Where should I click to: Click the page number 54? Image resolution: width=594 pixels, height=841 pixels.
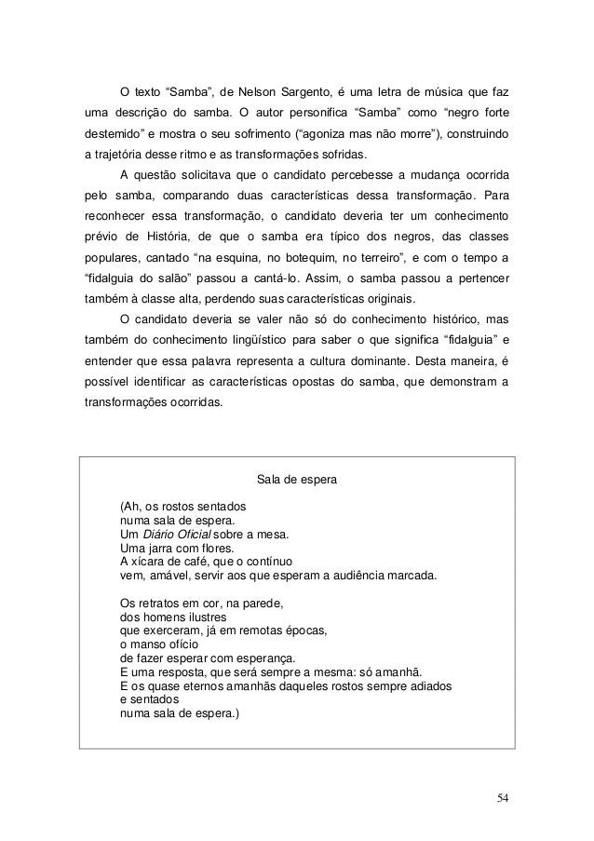click(503, 797)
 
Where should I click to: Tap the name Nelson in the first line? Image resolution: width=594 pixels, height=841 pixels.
click(260, 93)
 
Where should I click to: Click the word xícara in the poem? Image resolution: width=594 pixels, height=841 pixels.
click(153, 562)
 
